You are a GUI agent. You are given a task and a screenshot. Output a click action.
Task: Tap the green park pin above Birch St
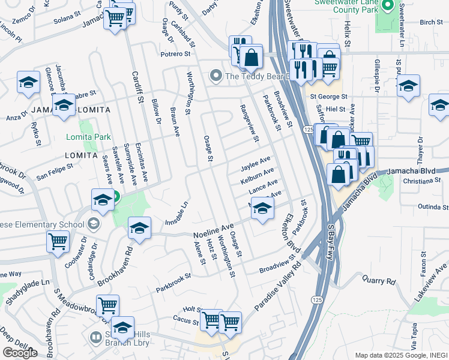tap(388, 7)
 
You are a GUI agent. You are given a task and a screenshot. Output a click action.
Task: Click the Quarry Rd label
tap(379, 280)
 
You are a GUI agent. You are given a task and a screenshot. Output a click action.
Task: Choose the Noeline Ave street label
tap(212, 231)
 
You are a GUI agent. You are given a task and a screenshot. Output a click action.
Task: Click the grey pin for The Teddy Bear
tap(215, 76)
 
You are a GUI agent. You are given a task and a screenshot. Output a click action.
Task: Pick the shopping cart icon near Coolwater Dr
tap(58, 242)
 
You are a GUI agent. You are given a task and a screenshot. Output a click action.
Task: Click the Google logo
tap(20, 353)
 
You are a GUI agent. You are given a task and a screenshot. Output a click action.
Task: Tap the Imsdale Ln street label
tap(176, 214)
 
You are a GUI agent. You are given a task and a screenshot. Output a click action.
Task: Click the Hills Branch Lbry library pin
tap(95, 338)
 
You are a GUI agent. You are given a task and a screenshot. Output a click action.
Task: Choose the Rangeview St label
tap(249, 123)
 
